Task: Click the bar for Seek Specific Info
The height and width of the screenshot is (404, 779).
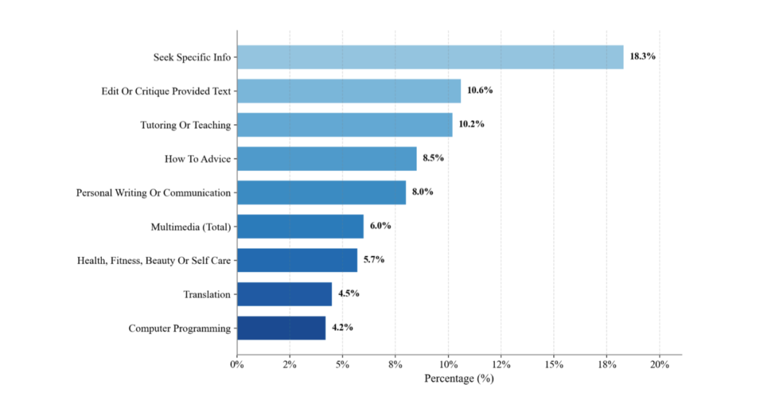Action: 430,57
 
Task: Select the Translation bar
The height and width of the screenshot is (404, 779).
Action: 284,294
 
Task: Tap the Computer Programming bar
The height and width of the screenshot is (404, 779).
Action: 281,328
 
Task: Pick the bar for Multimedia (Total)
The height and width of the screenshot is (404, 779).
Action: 300,226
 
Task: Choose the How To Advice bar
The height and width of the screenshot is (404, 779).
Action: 327,159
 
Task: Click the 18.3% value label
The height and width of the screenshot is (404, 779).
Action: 642,56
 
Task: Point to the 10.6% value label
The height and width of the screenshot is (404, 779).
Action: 480,90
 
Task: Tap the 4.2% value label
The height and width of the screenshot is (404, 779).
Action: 342,328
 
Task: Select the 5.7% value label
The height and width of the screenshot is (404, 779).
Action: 374,260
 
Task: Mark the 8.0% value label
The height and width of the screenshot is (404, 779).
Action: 422,192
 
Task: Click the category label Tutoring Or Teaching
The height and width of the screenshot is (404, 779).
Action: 185,125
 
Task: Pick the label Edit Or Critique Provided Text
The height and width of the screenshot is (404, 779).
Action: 166,91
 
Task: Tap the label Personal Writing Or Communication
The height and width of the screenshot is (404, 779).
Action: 154,193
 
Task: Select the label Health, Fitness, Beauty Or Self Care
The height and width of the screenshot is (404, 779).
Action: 154,260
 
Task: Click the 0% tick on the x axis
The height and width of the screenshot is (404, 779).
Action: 237,364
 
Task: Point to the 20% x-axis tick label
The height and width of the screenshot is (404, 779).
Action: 659,364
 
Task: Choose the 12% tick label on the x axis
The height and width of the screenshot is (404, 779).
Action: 501,364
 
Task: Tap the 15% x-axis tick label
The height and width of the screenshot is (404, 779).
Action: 553,364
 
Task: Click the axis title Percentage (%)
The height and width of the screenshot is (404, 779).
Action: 459,378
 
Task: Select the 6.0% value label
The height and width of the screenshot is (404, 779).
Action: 380,226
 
